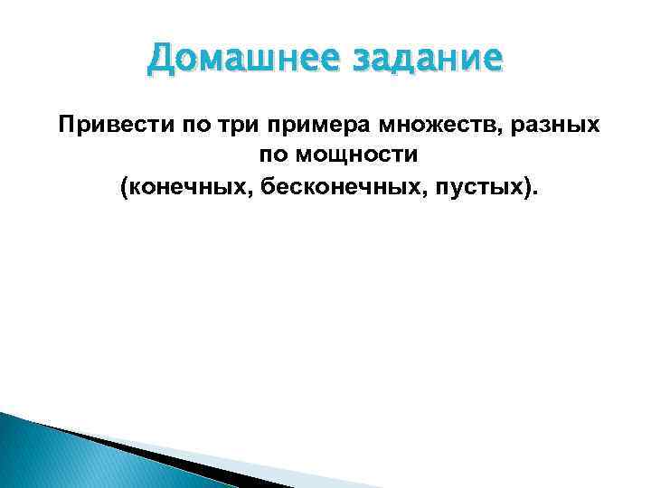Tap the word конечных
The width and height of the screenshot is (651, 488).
[174, 187]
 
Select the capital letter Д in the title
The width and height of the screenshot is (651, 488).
[159, 60]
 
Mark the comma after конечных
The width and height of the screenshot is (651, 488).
[227, 192]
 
